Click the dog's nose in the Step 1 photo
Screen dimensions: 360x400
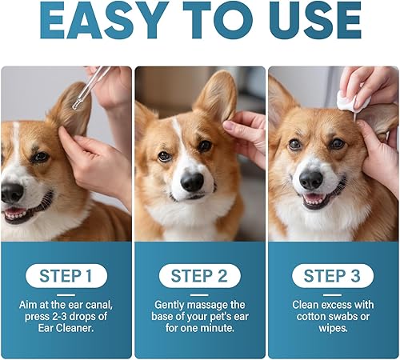pyautogui.click(x=12, y=192)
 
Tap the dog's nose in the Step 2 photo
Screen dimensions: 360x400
pyautogui.click(x=191, y=182)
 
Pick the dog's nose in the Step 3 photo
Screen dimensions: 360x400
pyautogui.click(x=310, y=179)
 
